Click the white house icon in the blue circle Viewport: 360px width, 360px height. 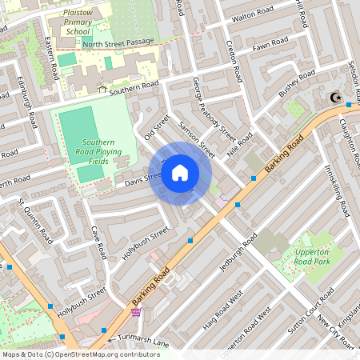click(180, 173)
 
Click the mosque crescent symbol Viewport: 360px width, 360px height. click(334, 98)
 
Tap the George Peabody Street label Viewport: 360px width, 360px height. click(214, 109)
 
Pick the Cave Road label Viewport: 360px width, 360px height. click(98, 241)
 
